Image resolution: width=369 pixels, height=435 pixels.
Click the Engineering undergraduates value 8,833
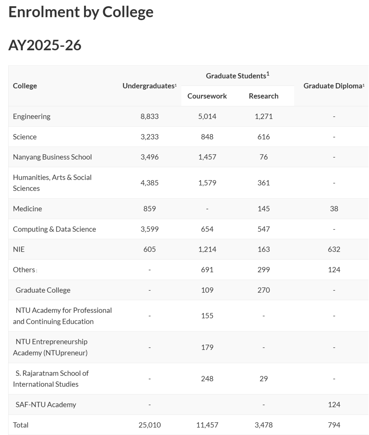149,116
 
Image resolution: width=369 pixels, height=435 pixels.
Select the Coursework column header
207,96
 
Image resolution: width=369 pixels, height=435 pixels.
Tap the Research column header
263,96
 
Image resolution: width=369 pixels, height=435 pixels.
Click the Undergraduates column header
149,86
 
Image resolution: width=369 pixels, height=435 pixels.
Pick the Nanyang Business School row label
52,157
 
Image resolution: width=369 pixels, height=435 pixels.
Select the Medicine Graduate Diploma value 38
334,209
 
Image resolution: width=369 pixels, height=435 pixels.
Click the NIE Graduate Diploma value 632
334,249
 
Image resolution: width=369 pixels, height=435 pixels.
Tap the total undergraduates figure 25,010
149,425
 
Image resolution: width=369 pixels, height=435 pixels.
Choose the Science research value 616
263,137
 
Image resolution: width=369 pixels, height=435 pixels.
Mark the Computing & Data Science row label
54,229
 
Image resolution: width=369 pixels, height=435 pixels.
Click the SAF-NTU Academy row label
46,405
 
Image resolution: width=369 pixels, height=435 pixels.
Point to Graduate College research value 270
263,290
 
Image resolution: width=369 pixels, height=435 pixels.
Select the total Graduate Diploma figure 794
334,425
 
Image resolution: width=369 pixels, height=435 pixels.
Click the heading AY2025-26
45,45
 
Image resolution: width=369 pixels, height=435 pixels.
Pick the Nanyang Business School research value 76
263,157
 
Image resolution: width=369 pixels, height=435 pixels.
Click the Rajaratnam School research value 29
263,379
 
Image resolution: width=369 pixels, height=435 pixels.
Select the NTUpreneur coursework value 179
207,347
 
